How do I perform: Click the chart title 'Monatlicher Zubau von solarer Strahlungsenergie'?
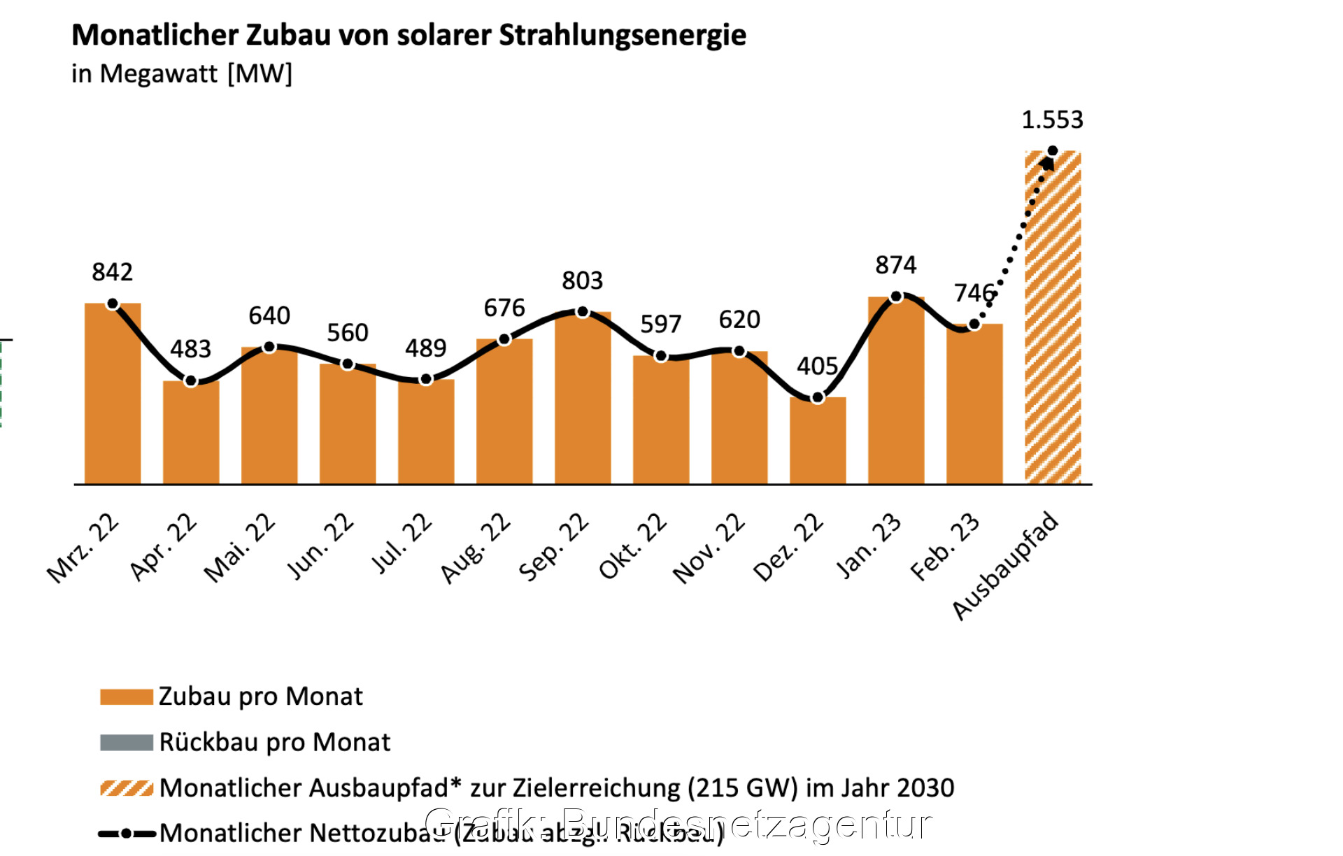coord(408,35)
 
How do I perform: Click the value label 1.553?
coord(1052,120)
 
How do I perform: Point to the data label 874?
coord(895,265)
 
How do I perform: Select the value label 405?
coord(817,366)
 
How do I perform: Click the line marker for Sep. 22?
coord(583,312)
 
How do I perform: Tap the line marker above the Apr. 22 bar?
coord(191,381)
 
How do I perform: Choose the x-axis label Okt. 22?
coord(633,546)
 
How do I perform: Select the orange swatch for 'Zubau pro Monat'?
coord(127,697)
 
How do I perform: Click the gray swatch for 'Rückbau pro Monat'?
coord(127,743)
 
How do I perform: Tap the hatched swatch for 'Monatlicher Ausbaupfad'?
coord(127,788)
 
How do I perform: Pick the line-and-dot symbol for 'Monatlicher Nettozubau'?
coord(127,834)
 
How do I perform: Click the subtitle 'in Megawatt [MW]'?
coord(182,73)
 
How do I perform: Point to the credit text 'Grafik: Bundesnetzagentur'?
coord(678,823)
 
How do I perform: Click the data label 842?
coord(112,272)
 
